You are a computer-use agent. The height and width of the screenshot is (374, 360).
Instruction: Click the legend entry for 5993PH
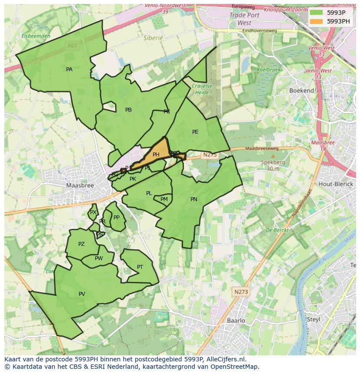tap(338, 21)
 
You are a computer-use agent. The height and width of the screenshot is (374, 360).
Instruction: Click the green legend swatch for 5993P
tap(316, 12)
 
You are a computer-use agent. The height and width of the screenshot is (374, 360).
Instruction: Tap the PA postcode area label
tap(69, 70)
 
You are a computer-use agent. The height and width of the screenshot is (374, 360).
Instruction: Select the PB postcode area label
tap(128, 110)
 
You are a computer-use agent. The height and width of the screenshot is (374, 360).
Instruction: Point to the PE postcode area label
tap(195, 132)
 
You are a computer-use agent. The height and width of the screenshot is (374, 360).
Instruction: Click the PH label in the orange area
tap(156, 154)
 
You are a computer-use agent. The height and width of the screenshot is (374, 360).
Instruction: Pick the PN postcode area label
tap(194, 199)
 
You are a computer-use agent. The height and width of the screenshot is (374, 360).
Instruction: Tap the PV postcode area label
tap(82, 294)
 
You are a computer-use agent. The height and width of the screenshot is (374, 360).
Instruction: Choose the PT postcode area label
tap(140, 267)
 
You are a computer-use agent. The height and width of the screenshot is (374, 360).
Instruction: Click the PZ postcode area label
tap(81, 244)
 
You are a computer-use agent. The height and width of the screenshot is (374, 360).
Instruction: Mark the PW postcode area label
tap(99, 258)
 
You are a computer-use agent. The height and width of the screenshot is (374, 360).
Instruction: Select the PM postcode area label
tap(164, 199)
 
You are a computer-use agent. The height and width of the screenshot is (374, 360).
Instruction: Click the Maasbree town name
tap(80, 185)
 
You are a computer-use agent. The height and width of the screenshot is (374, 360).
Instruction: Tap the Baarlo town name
tap(236, 321)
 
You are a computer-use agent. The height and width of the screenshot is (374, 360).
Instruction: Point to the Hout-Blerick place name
tap(335, 184)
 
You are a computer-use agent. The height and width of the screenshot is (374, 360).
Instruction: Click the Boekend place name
tap(301, 90)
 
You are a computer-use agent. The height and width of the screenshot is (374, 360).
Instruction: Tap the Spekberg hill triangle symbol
tap(273, 156)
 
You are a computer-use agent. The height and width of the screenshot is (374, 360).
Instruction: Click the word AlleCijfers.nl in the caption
tap(225, 359)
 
